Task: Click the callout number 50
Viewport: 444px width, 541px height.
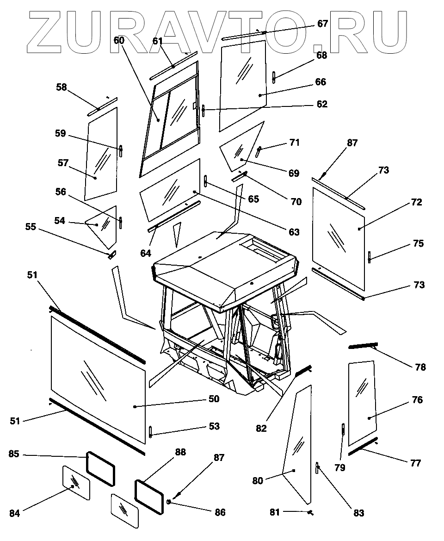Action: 214,399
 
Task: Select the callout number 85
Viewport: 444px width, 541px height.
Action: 14,454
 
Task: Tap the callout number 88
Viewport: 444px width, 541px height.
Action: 180,452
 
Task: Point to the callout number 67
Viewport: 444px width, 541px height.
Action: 322,24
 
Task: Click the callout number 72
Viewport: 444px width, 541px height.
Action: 416,202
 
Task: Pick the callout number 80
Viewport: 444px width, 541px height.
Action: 258,481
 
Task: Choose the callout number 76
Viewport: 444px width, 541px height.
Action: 417,400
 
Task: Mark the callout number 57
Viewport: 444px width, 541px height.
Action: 63,163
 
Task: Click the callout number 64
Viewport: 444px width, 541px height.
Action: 146,253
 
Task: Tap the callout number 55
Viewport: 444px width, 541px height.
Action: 31,227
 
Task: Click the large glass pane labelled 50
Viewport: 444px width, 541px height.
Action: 98,379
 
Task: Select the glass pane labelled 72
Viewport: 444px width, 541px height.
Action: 339,238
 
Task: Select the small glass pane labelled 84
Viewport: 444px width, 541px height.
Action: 76,483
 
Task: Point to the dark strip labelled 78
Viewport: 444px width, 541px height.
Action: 364,345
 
